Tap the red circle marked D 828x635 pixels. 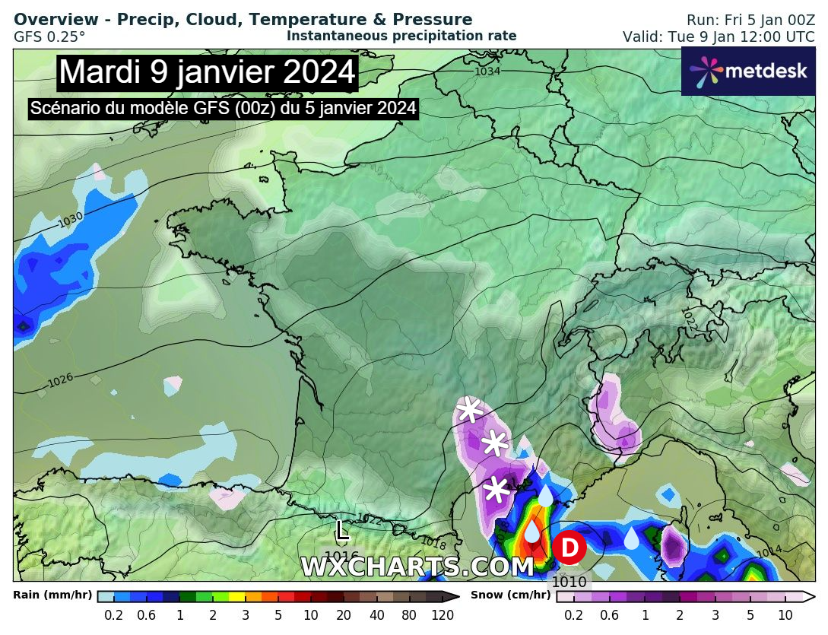(569, 548)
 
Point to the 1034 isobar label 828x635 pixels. (487, 71)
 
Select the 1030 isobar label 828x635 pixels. (71, 219)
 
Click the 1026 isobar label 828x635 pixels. (61, 380)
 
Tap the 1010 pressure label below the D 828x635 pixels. (569, 583)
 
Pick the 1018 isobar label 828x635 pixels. (433, 545)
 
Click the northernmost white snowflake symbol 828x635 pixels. (470, 411)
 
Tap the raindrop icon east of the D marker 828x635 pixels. (632, 538)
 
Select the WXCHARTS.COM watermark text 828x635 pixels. (417, 567)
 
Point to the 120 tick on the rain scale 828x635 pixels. (443, 615)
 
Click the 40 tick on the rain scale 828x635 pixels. (376, 615)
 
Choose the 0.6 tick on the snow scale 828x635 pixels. (609, 615)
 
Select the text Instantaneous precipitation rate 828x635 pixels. (401, 36)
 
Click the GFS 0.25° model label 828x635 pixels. (49, 36)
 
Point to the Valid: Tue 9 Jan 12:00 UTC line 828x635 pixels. (719, 37)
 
